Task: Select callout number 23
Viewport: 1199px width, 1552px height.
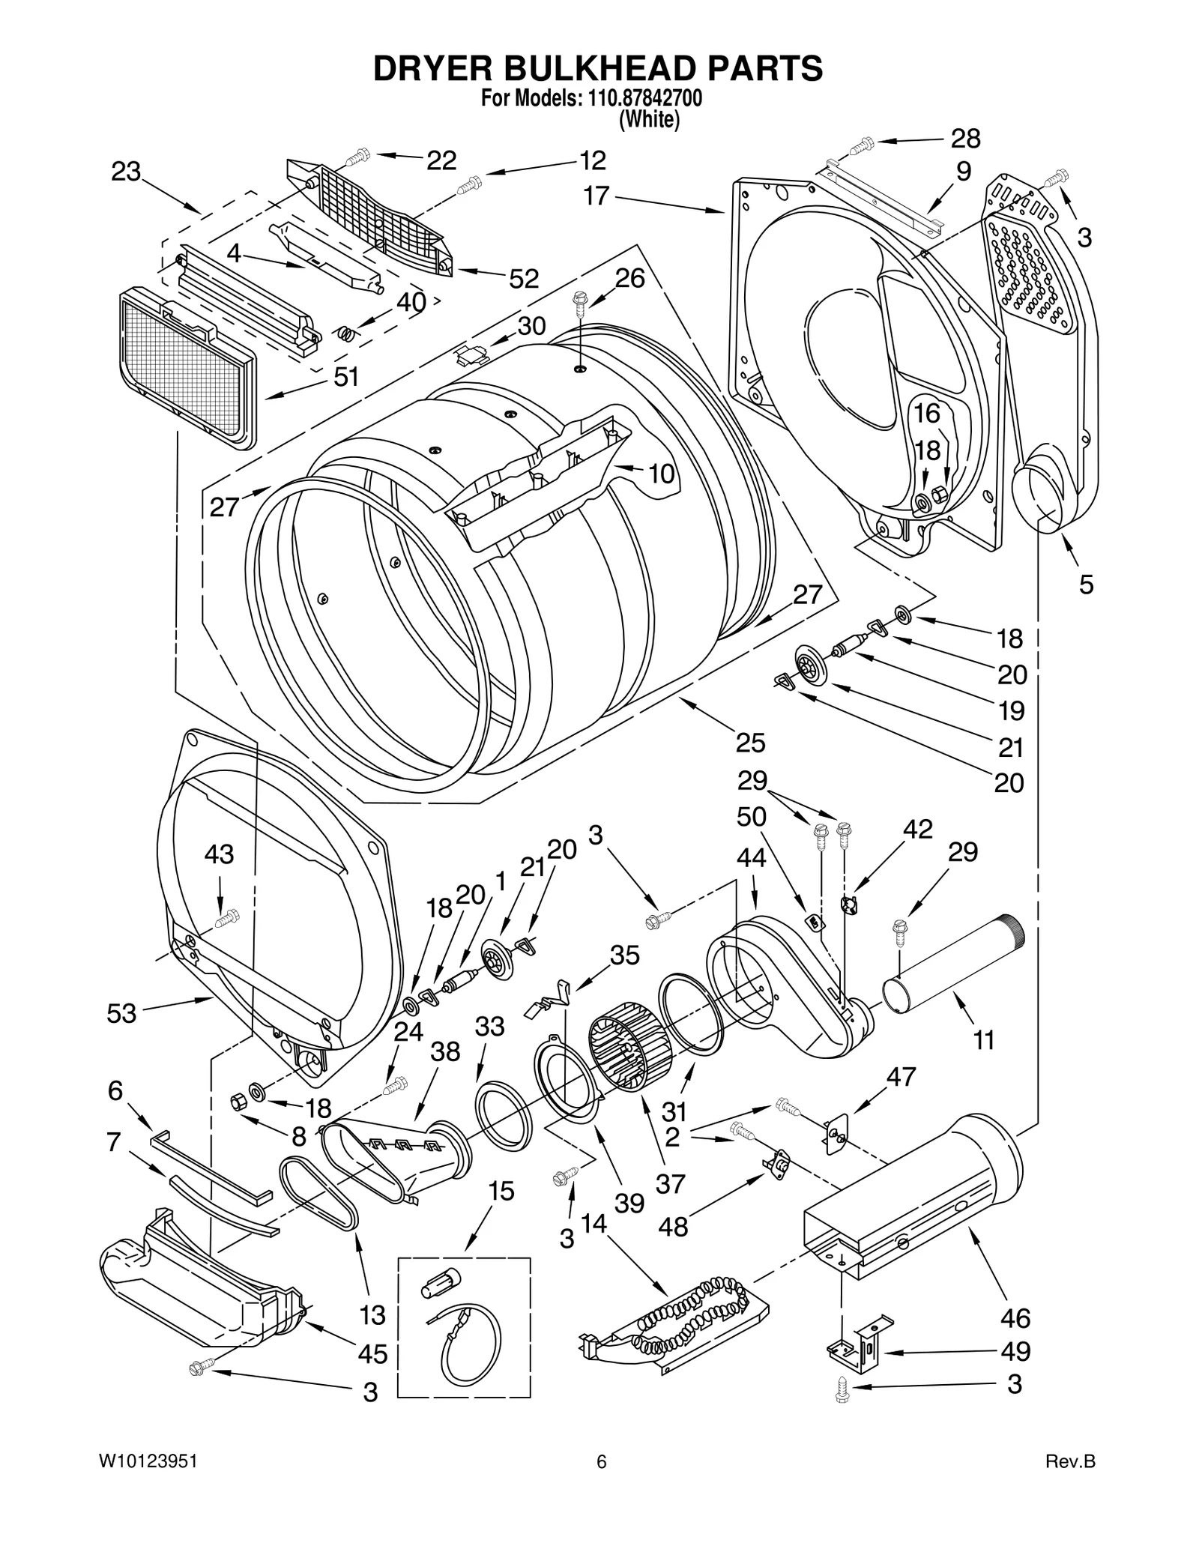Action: pyautogui.click(x=126, y=172)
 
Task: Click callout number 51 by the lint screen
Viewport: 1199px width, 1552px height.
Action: pyautogui.click(x=347, y=377)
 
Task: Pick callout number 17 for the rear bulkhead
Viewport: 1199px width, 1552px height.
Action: pyautogui.click(x=597, y=196)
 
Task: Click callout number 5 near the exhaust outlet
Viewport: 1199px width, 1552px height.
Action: pyautogui.click(x=1086, y=584)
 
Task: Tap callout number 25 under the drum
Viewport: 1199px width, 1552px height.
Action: pyautogui.click(x=750, y=743)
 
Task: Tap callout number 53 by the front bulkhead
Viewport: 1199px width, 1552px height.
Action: pyautogui.click(x=121, y=1013)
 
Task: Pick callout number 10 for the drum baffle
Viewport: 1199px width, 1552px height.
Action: pyautogui.click(x=661, y=474)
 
